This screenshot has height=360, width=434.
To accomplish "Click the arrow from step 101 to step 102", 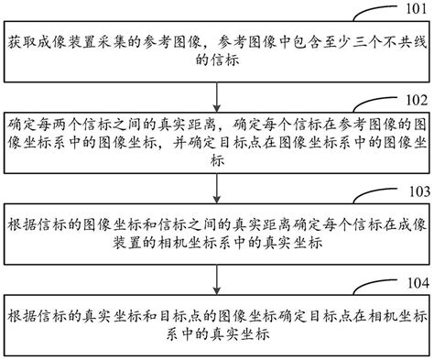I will coord(216,94).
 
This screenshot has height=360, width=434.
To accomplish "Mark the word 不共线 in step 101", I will coord(393,43).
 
